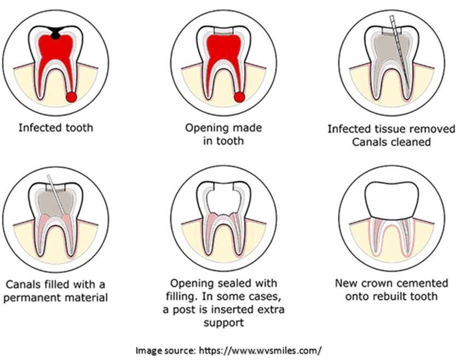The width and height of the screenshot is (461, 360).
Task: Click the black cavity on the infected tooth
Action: (55, 32)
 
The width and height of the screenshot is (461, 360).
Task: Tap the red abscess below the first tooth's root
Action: (71, 97)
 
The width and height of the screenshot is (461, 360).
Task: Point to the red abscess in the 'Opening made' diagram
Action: (239, 97)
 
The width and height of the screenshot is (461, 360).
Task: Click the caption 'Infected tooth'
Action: (56, 128)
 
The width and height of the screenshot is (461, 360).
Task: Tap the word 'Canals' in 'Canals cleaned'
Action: (369, 142)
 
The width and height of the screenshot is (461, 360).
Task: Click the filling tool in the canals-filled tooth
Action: (56, 195)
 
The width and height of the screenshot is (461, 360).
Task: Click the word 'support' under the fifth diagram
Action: (224, 323)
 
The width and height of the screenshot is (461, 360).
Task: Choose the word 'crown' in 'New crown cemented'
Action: (377, 283)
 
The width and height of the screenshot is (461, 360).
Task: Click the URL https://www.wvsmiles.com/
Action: (260, 351)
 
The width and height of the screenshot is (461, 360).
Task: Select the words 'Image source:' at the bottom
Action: (165, 351)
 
